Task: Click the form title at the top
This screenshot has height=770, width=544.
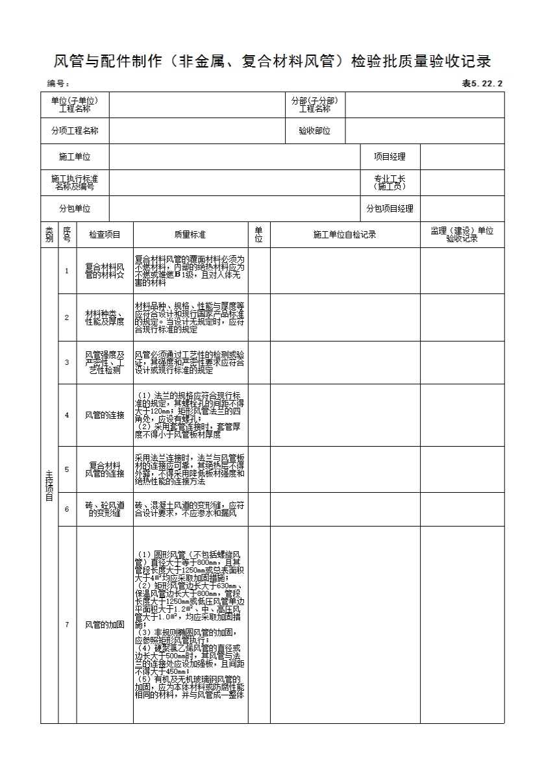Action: point(271,62)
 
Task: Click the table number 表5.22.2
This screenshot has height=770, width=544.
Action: point(482,83)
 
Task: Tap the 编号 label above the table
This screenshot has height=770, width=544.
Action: point(58,83)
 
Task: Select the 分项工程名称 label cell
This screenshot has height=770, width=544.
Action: point(75,130)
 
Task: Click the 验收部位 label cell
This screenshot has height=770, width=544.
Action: point(315,130)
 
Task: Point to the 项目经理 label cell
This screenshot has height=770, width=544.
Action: point(389,156)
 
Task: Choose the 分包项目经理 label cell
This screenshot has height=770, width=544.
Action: point(389,208)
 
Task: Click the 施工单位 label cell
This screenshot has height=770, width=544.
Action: point(75,156)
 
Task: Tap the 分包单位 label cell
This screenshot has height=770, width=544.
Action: point(75,208)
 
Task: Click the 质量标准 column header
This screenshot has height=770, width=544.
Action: point(190,234)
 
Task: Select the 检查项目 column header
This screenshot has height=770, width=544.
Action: point(105,234)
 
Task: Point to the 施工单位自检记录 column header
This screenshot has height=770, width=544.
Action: point(345,234)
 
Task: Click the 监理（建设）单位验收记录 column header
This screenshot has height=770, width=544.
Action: point(462,234)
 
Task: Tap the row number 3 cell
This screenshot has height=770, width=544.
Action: point(67,362)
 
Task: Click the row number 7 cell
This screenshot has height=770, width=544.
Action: point(67,625)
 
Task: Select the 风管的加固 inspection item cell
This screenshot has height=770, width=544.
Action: point(105,625)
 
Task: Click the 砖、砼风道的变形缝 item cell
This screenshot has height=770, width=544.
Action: point(105,509)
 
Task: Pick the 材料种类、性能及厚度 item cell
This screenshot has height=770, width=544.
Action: point(105,317)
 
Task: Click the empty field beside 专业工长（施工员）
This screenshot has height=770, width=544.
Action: point(462,182)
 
